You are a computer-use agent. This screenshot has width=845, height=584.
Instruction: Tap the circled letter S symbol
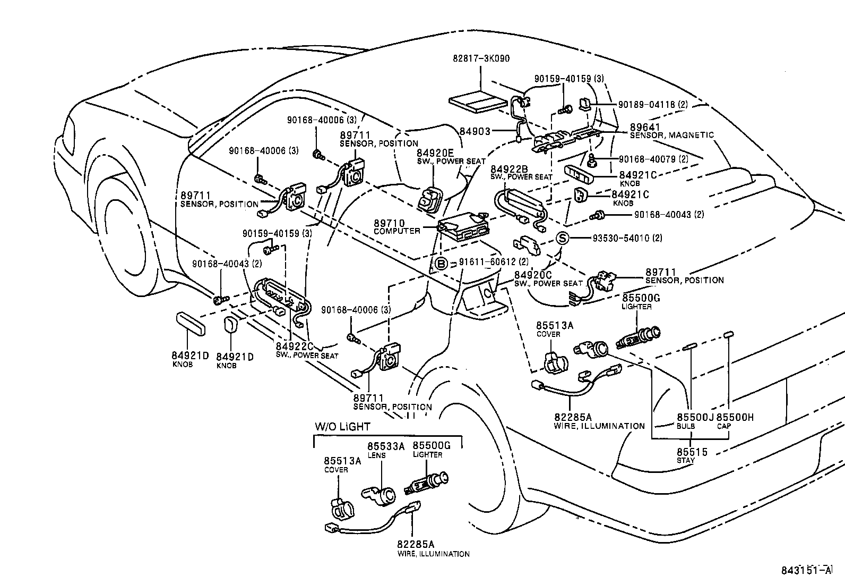(563, 238)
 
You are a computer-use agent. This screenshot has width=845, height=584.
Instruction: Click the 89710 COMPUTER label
(396, 227)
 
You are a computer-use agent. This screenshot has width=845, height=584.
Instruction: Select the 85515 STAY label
(691, 455)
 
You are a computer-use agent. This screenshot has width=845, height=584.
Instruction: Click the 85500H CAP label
(735, 421)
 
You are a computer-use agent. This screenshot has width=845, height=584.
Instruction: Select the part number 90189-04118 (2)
(653, 105)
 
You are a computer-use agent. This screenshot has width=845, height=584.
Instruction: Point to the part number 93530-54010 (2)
(627, 238)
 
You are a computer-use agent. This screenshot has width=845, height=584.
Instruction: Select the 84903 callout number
(475, 131)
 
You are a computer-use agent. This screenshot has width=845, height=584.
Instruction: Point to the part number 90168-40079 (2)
(653, 159)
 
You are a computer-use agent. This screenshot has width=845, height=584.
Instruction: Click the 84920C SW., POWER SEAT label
(548, 279)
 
